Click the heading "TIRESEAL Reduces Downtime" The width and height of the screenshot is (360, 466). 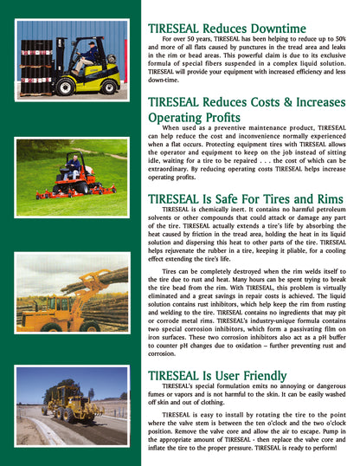[227, 29]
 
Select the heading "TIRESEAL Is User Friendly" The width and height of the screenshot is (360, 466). [216, 375]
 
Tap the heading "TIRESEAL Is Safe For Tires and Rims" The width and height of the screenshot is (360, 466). [246, 198]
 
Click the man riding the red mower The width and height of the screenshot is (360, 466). [74, 164]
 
